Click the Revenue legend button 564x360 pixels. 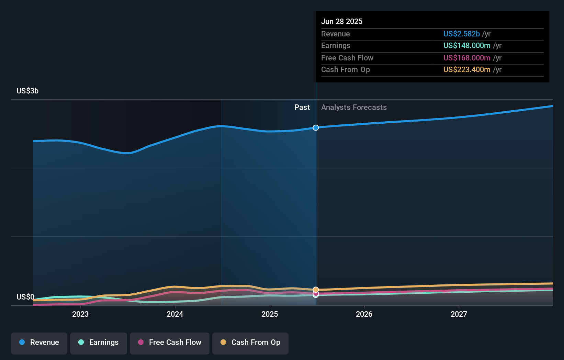pyautogui.click(x=39, y=342)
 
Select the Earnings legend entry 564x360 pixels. pyautogui.click(x=99, y=342)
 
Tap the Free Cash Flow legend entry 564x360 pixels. pyautogui.click(x=170, y=342)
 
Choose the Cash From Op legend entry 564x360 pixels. pyautogui.click(x=250, y=342)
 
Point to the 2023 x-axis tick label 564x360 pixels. pyautogui.click(x=80, y=314)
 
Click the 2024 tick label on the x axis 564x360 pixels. pyautogui.click(x=175, y=314)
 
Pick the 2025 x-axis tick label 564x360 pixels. pyautogui.click(x=270, y=314)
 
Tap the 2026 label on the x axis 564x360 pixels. pyautogui.click(x=364, y=314)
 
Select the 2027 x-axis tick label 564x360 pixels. pyautogui.click(x=459, y=314)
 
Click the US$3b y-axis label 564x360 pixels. pyautogui.click(x=27, y=91)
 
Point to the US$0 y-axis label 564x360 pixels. pyautogui.click(x=25, y=297)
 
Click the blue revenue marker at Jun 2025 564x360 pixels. pyautogui.click(x=316, y=128)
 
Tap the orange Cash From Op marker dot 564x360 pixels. pyautogui.click(x=316, y=290)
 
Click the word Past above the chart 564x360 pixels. pyautogui.click(x=302, y=108)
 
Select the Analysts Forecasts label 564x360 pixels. pyautogui.click(x=354, y=108)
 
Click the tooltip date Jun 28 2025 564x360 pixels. pyautogui.click(x=342, y=21)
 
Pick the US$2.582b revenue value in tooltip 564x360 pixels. pyautogui.click(x=461, y=34)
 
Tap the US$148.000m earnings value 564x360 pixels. pyautogui.click(x=467, y=46)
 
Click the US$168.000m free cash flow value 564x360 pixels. pyautogui.click(x=467, y=58)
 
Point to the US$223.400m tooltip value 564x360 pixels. pyautogui.click(x=467, y=70)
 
